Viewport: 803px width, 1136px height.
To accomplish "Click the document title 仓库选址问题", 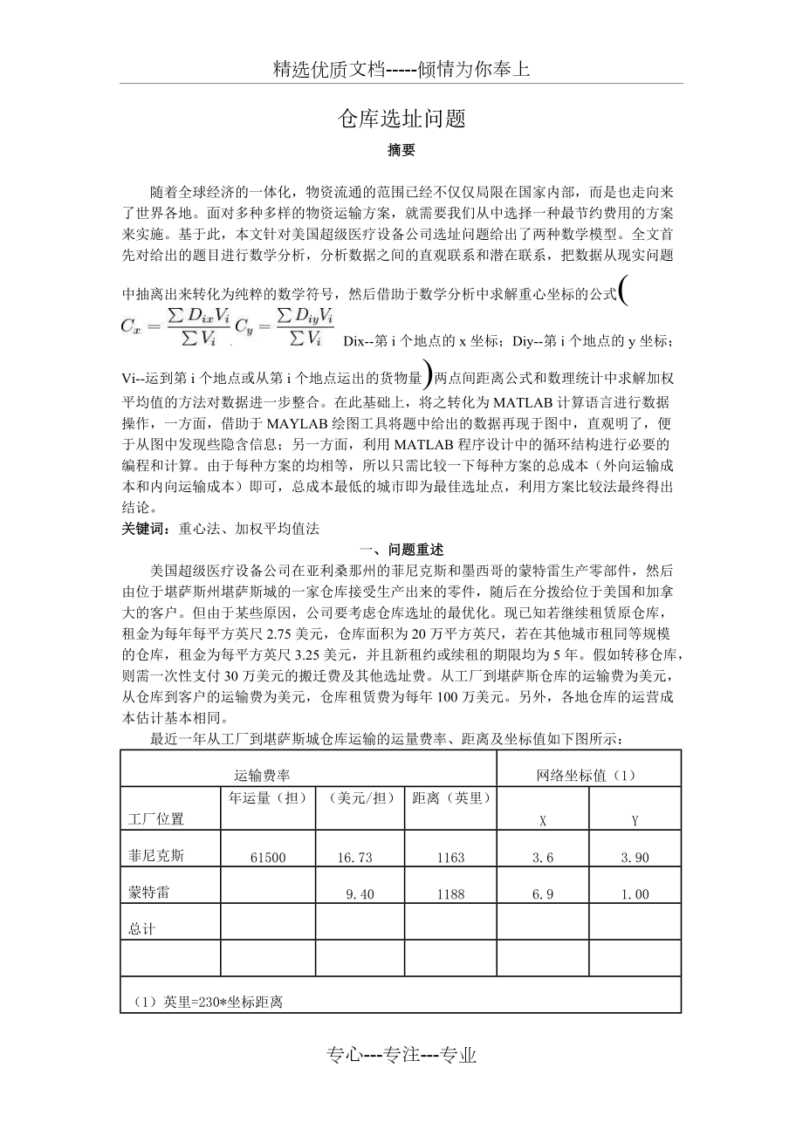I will [401, 120].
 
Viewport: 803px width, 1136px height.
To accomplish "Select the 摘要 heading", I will [401, 150].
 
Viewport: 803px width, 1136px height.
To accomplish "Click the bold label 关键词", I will [146, 528].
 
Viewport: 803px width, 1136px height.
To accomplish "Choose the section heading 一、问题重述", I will [401, 550].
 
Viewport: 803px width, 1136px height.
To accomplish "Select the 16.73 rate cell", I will [354, 858].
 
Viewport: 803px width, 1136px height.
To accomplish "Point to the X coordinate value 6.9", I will [543, 894].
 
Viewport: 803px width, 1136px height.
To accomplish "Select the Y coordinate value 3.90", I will [635, 858].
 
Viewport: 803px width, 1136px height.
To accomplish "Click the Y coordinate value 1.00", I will [635, 894].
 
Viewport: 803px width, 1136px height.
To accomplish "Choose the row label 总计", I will [141, 929].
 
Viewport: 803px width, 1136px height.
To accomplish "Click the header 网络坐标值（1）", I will [588, 775].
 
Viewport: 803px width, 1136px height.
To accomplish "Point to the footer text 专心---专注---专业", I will [401, 1055].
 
